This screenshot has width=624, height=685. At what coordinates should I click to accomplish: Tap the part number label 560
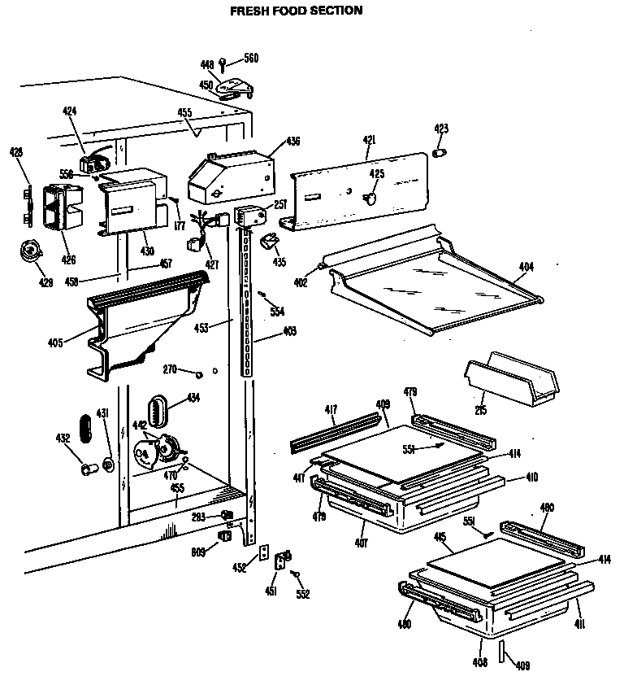[x=251, y=58]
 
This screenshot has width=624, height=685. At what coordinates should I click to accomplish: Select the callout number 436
[x=292, y=142]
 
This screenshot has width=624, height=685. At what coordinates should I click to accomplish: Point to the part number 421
[x=369, y=141]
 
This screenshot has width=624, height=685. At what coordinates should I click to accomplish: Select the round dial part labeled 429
[x=30, y=253]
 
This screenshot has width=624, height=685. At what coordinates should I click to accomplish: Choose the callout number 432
[x=62, y=438]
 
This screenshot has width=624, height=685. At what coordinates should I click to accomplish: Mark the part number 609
[x=197, y=552]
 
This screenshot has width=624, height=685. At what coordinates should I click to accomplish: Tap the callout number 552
[x=302, y=595]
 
